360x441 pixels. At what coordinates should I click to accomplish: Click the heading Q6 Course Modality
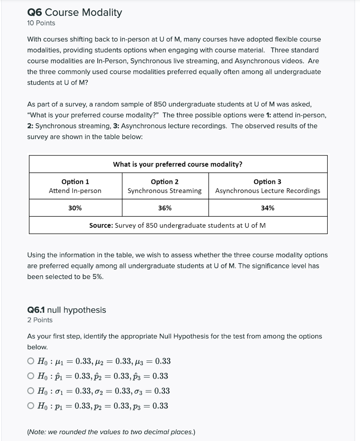[x=74, y=12]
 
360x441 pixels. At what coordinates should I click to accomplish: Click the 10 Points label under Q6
[x=41, y=23]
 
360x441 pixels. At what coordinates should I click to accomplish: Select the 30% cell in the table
[x=75, y=208]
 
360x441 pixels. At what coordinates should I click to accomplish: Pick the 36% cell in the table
[x=164, y=208]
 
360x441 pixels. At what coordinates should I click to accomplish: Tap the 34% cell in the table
[x=267, y=208]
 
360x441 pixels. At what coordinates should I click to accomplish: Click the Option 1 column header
[x=75, y=182]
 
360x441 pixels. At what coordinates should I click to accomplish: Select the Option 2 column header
[x=164, y=182]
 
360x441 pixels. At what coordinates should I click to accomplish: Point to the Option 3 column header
[x=267, y=182]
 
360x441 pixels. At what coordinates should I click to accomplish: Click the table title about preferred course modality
[x=177, y=164]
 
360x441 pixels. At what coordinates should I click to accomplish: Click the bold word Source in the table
[x=101, y=225]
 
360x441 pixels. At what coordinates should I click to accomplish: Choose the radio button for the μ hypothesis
[x=30, y=361]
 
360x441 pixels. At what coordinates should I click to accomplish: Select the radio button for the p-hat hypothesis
[x=30, y=376]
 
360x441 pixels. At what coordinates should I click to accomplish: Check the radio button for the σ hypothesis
[x=30, y=391]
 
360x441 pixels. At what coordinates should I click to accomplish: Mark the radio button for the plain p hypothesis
[x=30, y=406]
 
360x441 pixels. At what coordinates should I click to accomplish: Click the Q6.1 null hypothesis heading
[x=66, y=310]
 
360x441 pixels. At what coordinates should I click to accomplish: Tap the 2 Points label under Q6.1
[x=40, y=320]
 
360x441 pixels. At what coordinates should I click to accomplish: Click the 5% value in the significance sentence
[x=97, y=276]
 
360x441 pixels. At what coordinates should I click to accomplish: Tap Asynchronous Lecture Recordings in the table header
[x=267, y=191]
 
